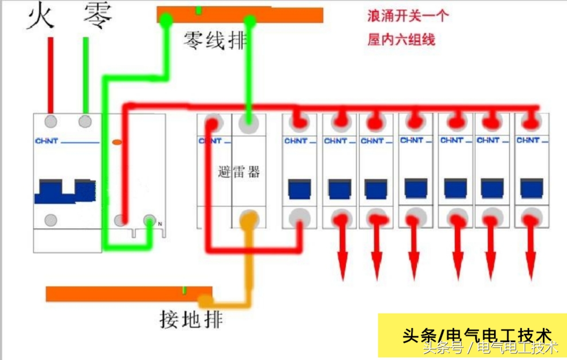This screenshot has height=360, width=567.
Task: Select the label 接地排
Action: tap(191, 318)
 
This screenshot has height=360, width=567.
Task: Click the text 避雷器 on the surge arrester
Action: tap(239, 172)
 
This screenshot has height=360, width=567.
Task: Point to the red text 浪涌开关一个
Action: tap(408, 16)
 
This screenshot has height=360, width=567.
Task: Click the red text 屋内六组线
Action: tap(401, 40)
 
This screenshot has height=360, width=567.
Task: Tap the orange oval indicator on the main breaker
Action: tap(117, 142)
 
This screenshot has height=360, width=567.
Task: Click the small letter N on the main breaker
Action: tap(160, 224)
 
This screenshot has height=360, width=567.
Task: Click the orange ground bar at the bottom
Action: tap(128, 294)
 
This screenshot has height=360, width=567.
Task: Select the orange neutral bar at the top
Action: tap(240, 15)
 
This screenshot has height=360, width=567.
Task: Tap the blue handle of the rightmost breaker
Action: tap(532, 188)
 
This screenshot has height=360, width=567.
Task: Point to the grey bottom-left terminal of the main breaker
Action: tap(51, 220)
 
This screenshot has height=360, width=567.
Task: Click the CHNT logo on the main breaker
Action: tap(47, 141)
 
